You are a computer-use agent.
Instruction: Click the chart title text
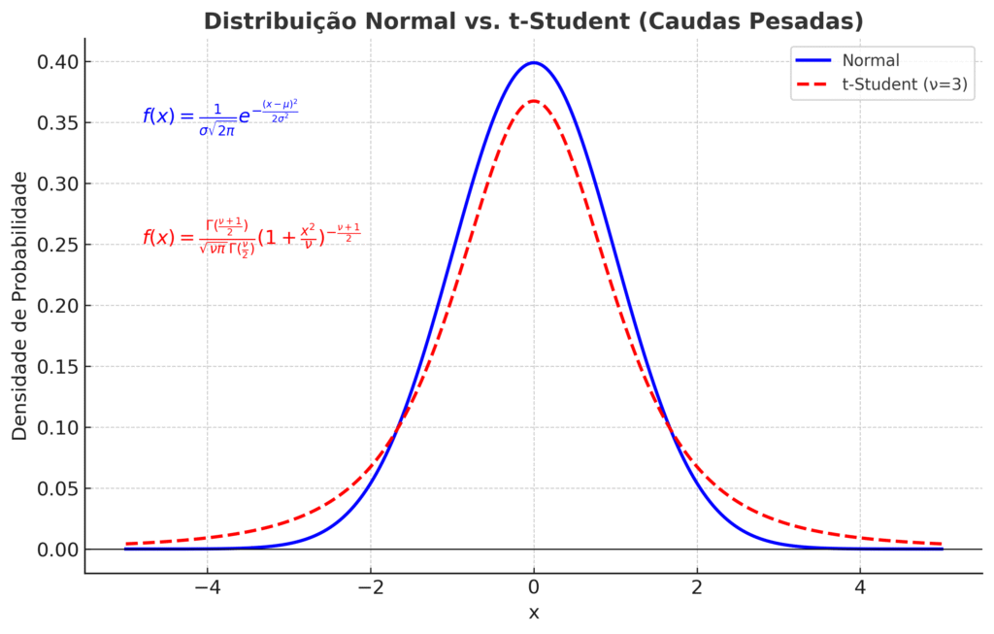click(533, 20)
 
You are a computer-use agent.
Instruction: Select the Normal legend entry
click(871, 60)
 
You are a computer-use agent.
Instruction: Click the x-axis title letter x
click(533, 613)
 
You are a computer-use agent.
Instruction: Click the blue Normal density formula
click(219, 117)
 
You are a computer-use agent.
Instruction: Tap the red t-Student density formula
click(250, 238)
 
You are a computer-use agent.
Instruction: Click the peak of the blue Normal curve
click(533, 63)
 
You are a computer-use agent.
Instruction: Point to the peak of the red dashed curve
click(533, 101)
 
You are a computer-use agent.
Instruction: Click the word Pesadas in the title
click(799, 20)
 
